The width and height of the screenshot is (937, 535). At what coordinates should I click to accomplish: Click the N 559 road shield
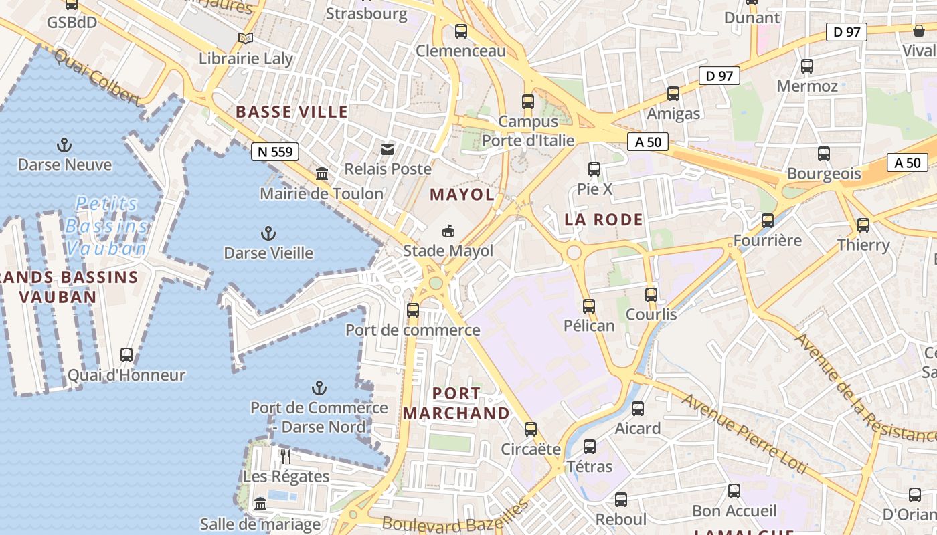point(275,152)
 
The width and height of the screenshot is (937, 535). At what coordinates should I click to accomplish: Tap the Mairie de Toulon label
point(321,194)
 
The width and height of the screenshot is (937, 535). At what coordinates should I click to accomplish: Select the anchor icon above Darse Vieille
point(268,233)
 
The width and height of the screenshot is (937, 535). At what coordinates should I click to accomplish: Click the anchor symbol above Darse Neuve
point(64,145)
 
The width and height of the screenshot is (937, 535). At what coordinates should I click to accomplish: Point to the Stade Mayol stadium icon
point(448,231)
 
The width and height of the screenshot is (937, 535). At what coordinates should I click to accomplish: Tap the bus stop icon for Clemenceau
point(460,31)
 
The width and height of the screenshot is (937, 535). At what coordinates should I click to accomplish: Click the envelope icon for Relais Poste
point(388,149)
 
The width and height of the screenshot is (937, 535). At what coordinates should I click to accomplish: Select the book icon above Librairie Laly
point(246,39)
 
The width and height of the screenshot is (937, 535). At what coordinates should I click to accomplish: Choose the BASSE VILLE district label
point(292,112)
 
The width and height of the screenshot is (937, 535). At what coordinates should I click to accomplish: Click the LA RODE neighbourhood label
point(604,219)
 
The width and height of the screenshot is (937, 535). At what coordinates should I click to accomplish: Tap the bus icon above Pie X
point(594,169)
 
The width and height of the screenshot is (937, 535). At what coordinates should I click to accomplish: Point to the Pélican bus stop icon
point(589,306)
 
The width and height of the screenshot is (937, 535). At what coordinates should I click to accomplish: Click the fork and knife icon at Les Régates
point(286,457)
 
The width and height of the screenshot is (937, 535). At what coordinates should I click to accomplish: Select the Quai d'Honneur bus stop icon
point(126,355)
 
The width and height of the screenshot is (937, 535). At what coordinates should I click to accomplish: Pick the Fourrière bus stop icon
point(768,221)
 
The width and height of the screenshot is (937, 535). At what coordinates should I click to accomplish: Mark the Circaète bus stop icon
point(531,429)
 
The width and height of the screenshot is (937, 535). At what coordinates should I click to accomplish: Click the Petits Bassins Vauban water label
point(107,226)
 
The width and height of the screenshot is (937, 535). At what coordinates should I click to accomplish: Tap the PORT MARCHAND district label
point(456,403)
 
